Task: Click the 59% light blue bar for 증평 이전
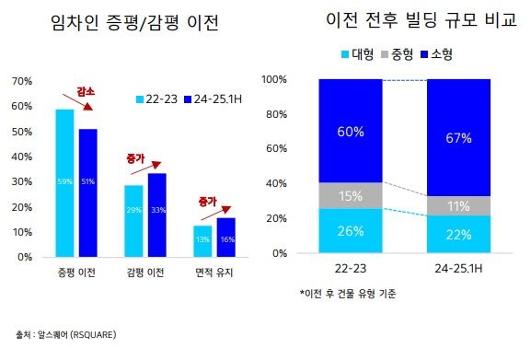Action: coord(64,182)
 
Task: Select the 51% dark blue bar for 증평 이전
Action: coord(87,192)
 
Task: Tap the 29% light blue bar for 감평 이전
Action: coord(133,221)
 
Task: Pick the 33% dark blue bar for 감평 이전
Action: coord(156,215)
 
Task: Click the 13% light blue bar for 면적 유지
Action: coord(202,240)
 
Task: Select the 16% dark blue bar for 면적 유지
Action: coord(225,237)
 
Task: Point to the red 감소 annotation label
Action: coord(86,92)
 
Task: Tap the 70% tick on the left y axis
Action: coord(21,81)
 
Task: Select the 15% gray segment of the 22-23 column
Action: coord(351,195)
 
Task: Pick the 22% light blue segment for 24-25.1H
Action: coord(459,235)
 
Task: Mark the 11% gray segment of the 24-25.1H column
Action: coord(459,206)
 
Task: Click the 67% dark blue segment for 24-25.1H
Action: coord(459,137)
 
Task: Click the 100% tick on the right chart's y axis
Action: coord(277,80)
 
